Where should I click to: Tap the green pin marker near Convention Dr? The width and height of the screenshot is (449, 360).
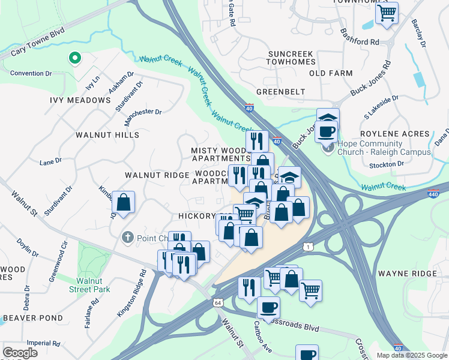pos(74,58)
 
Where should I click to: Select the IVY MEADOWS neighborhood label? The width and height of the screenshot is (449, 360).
pos(80,100)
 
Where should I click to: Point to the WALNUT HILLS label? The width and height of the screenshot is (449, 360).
pos(107,135)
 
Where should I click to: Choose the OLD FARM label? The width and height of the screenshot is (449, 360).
pos(331,73)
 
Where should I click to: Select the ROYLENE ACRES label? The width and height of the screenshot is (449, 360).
pos(394,134)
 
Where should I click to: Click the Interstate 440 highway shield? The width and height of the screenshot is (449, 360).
pos(434,194)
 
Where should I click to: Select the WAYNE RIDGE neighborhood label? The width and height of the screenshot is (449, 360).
pos(408,274)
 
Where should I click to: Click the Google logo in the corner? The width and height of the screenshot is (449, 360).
pos(20,353)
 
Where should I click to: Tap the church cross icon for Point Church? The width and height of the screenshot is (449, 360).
pos(127,238)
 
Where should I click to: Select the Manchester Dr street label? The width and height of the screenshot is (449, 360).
pos(142,112)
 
